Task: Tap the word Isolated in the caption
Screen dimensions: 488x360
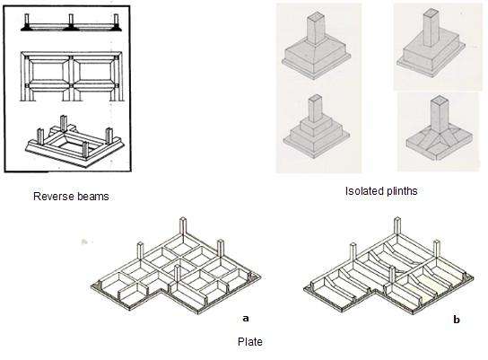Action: pyautogui.click(x=362, y=190)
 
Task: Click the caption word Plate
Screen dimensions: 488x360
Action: pyautogui.click(x=250, y=342)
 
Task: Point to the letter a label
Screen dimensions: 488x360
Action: pyautogui.click(x=246, y=319)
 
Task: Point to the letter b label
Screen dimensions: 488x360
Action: pyautogui.click(x=457, y=320)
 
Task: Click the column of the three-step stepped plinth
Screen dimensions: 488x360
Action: pyautogui.click(x=316, y=109)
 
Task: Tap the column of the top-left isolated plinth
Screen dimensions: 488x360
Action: pyautogui.click(x=317, y=28)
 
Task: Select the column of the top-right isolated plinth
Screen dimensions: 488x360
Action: pyautogui.click(x=431, y=28)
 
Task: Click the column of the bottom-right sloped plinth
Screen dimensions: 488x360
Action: pyautogui.click(x=439, y=113)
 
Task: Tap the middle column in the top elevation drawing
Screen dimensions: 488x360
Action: pyautogui.click(x=71, y=21)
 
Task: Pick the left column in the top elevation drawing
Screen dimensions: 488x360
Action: pyautogui.click(x=27, y=21)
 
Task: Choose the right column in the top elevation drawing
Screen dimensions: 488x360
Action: pyautogui.click(x=116, y=21)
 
